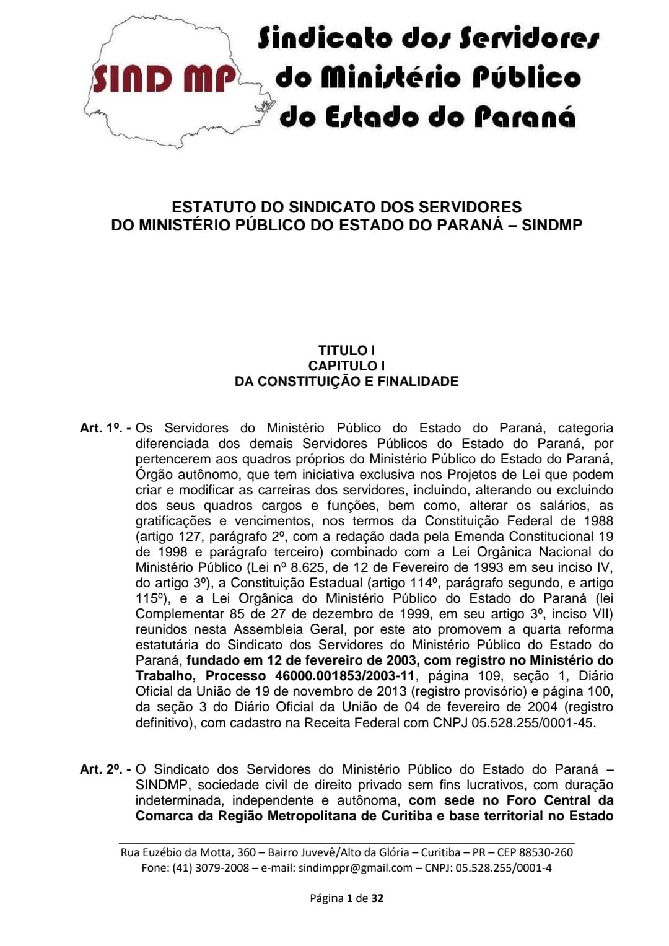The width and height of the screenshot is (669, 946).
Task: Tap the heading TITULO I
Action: click(346, 350)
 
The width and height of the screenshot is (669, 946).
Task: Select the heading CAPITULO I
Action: click(346, 366)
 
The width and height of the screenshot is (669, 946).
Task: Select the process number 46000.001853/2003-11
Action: click(344, 676)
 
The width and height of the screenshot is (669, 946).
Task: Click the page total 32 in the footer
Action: click(377, 898)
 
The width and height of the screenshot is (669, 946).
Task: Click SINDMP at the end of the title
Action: click(552, 225)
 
